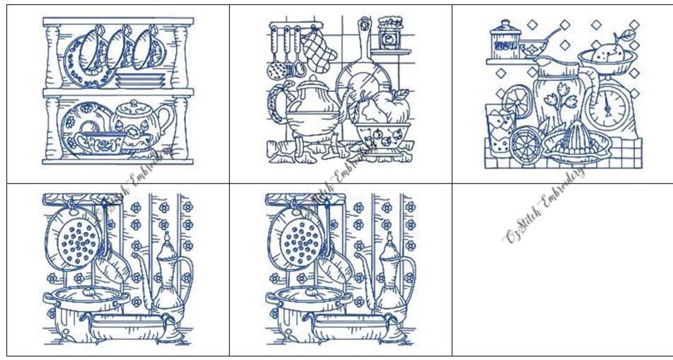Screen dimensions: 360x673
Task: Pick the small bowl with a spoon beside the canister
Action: [x=533, y=47]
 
